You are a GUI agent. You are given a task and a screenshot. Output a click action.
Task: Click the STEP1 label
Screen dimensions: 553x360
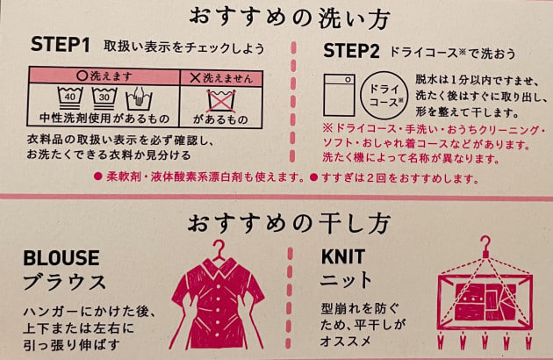coord(60,45)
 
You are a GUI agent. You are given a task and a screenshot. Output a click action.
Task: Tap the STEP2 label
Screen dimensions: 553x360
coord(351,51)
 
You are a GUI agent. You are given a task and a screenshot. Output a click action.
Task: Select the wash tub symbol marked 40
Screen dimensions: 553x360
coord(70,98)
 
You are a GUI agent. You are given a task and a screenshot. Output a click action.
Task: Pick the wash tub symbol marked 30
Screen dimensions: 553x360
coord(104,98)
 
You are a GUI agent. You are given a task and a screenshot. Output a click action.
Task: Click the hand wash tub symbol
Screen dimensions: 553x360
coord(140,99)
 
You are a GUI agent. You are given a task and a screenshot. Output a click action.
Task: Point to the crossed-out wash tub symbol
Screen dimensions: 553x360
coord(221,101)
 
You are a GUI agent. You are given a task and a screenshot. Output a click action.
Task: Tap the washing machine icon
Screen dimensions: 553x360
coord(340,95)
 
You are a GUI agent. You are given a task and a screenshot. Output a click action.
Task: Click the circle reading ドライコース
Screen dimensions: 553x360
coord(384,95)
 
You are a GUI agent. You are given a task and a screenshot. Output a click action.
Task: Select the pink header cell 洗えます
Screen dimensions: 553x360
coord(104,76)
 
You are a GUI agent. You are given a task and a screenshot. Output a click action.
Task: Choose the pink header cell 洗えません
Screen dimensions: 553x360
coord(221,78)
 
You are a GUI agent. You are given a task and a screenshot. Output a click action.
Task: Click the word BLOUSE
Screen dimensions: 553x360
coord(61,257)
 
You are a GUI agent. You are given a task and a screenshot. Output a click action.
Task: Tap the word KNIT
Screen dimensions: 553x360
coord(343,256)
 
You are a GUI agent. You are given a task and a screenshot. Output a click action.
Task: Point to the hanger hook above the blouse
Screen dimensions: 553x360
coord(219,249)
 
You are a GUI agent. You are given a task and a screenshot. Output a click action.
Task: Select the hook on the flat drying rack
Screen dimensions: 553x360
coord(486,246)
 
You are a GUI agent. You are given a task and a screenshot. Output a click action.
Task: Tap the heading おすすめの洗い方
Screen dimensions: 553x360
coord(289,18)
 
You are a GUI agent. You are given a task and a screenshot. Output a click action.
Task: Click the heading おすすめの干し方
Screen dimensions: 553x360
coord(289,223)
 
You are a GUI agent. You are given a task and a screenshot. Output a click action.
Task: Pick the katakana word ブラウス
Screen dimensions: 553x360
coord(65,283)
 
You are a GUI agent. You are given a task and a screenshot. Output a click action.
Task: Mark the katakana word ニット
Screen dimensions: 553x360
coord(346,280)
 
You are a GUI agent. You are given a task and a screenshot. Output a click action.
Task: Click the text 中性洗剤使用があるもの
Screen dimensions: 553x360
coord(104,119)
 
